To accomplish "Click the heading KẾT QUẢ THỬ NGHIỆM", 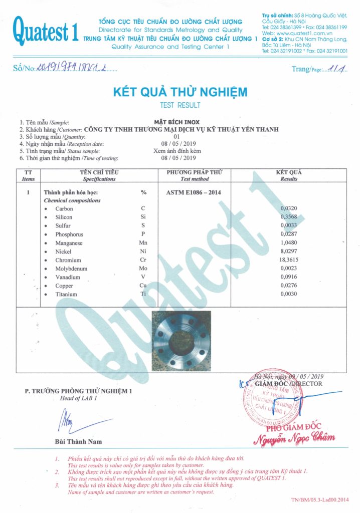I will [x=180, y=92].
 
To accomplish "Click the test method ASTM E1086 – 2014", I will [x=193, y=192].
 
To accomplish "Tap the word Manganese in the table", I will [x=69, y=243].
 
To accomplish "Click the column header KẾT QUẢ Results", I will [x=289, y=175].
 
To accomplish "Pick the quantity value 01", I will [x=176, y=136].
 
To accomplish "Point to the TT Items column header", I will [x=29, y=175].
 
